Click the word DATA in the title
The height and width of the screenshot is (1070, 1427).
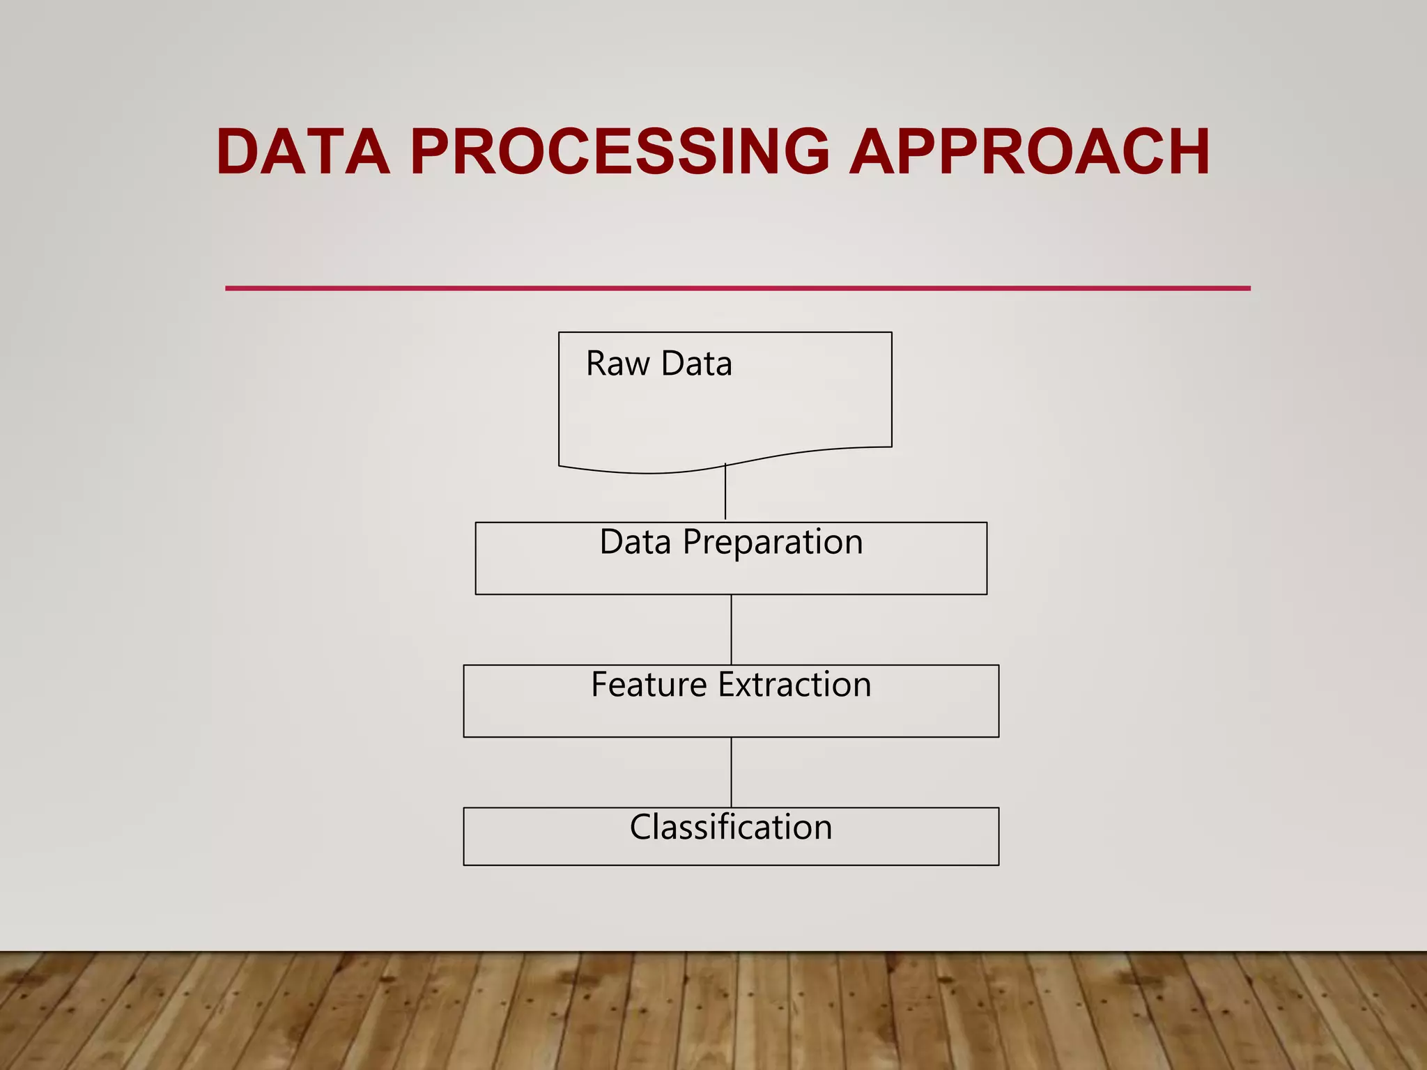point(302,152)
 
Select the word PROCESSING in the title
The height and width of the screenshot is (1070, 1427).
point(619,152)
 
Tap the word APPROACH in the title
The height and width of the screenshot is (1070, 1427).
point(1030,152)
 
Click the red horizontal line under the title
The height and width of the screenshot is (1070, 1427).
point(737,288)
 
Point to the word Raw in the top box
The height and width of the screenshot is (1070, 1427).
point(617,364)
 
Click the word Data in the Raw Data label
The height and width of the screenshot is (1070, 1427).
point(696,364)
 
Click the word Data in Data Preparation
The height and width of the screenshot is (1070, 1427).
point(635,542)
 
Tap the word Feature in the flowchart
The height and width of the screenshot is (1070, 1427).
point(649,685)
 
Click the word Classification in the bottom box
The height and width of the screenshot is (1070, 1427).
point(731,828)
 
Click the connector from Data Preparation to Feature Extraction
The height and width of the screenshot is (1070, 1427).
point(731,629)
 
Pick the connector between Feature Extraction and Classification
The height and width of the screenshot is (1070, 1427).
point(731,772)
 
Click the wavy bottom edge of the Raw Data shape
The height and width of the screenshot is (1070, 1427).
point(648,473)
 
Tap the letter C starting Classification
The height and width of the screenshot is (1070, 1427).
point(640,828)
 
